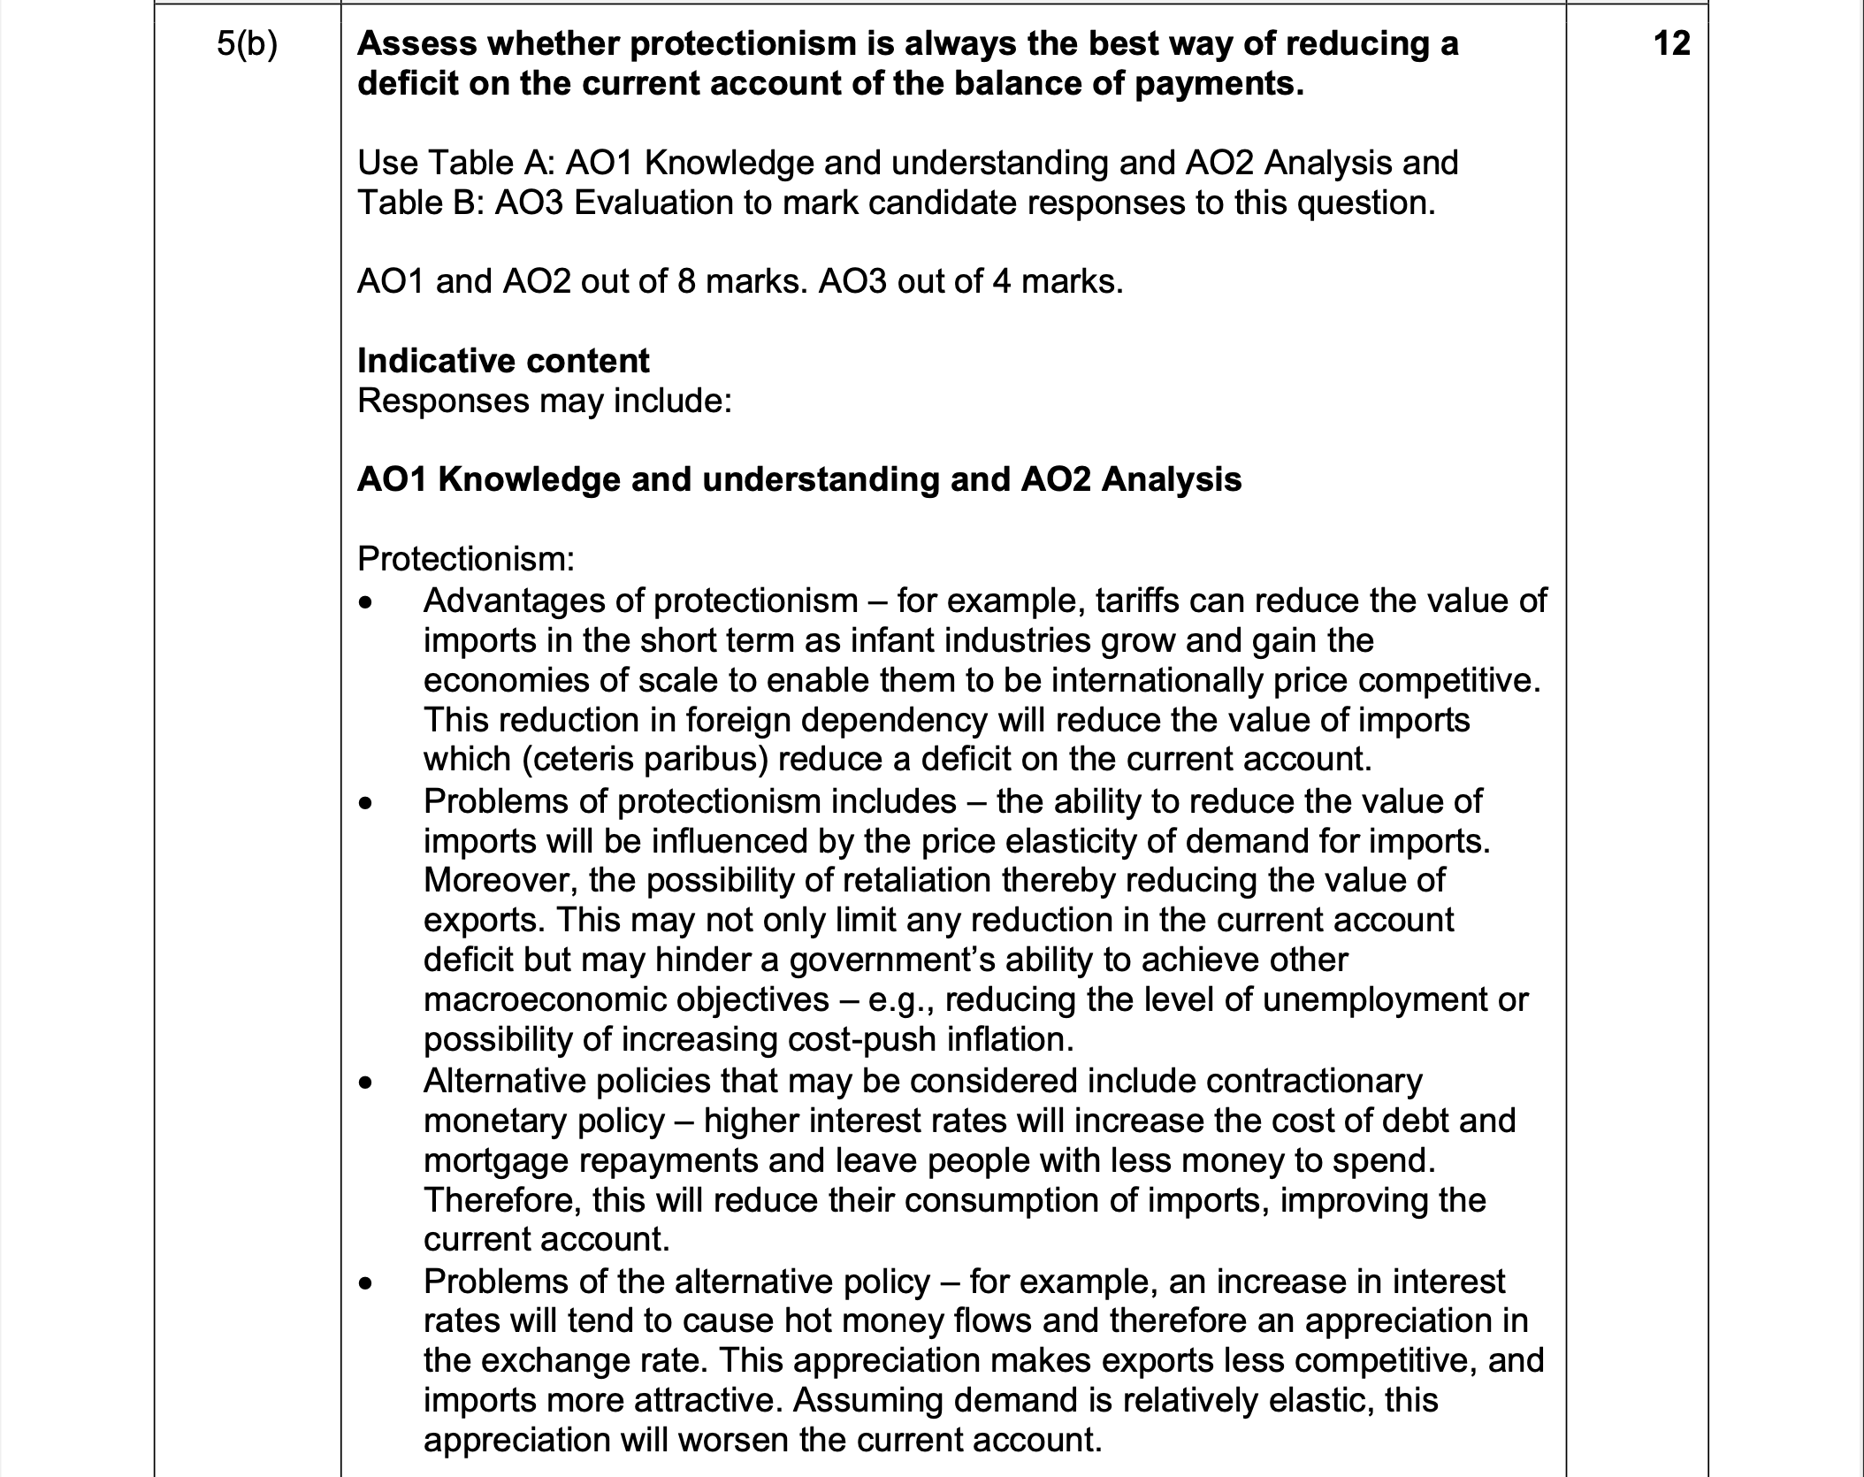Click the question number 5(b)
(247, 44)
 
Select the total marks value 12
(1670, 43)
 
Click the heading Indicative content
(503, 361)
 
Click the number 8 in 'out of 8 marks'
(687, 281)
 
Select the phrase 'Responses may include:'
(545, 401)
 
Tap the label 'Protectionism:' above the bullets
(466, 558)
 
